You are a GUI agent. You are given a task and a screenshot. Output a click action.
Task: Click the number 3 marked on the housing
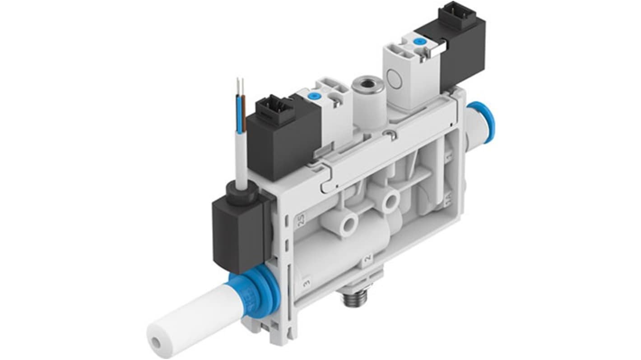click(307, 283)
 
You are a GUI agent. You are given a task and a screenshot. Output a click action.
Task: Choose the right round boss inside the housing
click(389, 199)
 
